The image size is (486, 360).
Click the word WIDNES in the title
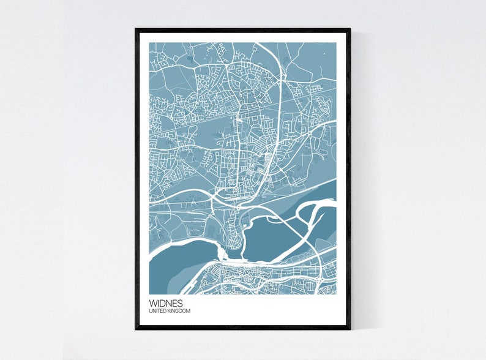[x=165, y=302]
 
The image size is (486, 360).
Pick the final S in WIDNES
[x=179, y=302]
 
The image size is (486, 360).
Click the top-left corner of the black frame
[x=136, y=29]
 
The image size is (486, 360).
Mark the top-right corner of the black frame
[x=350, y=29]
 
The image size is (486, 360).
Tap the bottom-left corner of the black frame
[x=136, y=328]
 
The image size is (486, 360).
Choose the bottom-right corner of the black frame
[x=350, y=328]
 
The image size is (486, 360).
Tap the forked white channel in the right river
[x=315, y=211]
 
